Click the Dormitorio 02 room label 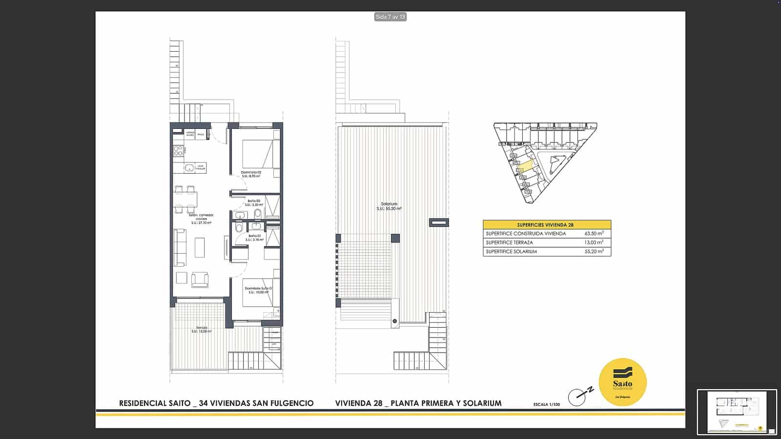(x=251, y=172)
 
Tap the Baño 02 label (x=254, y=201)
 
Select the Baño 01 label (x=254, y=236)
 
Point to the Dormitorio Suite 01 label (x=258, y=288)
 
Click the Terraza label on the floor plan (x=202, y=328)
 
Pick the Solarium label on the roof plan (x=389, y=204)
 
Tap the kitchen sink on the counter (x=189, y=168)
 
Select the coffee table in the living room (x=200, y=247)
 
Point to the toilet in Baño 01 (x=239, y=228)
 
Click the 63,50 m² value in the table (x=594, y=234)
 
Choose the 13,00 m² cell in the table (x=594, y=242)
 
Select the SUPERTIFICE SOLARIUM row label (x=511, y=252)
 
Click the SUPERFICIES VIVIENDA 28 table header (x=545, y=225)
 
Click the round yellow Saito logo (x=622, y=382)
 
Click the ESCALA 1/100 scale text (x=547, y=404)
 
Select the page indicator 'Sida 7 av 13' (x=390, y=17)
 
